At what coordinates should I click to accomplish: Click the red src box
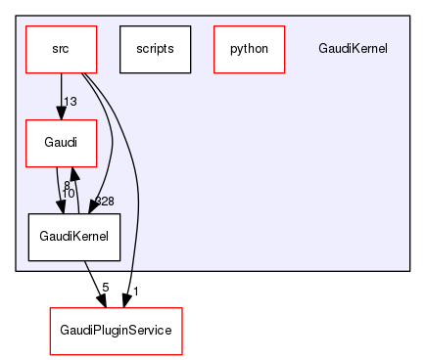coord(61,48)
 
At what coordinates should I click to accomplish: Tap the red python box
coord(249,48)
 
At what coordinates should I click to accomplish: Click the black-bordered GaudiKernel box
coord(74,238)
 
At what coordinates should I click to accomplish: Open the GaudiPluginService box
coord(116,331)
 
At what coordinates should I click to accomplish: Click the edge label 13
coord(71,102)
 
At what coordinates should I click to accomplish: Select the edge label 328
coord(104,202)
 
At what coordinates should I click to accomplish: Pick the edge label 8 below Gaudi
coord(67,185)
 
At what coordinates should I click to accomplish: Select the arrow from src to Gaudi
coord(61,93)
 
